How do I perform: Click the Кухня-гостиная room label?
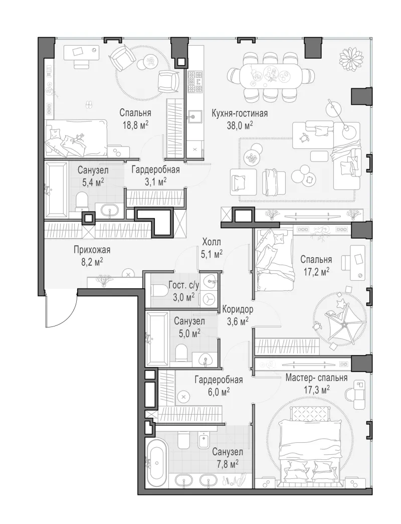[240, 113]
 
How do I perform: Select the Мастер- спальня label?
[316, 378]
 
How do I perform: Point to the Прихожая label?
[92, 250]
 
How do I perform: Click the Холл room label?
[212, 242]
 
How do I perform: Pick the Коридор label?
[238, 309]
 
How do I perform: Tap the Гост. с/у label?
[183, 285]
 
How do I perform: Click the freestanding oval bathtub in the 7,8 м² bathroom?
[157, 462]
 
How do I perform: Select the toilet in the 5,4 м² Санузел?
[81, 201]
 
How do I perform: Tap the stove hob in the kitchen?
[195, 81]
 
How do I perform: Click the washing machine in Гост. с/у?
[209, 299]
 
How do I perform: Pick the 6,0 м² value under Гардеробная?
[219, 392]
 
